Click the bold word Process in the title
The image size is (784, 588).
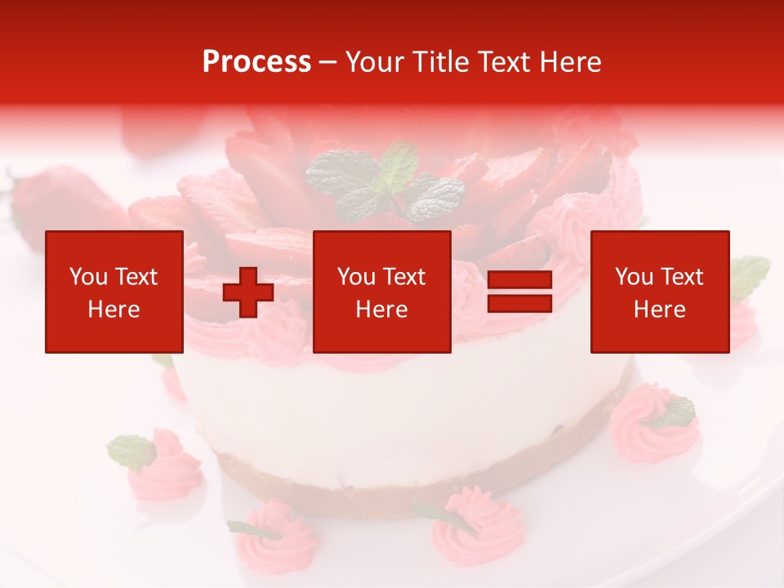[x=256, y=62]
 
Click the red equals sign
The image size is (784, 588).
[x=519, y=292]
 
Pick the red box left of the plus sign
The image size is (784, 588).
[x=114, y=292]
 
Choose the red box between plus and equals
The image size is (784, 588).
[x=381, y=292]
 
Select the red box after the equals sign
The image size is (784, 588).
[x=659, y=292]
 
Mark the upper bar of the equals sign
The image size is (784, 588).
[x=519, y=280]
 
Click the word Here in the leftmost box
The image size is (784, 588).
[x=114, y=310]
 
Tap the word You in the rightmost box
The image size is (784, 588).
[x=634, y=277]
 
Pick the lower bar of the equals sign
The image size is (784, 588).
[x=519, y=303]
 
